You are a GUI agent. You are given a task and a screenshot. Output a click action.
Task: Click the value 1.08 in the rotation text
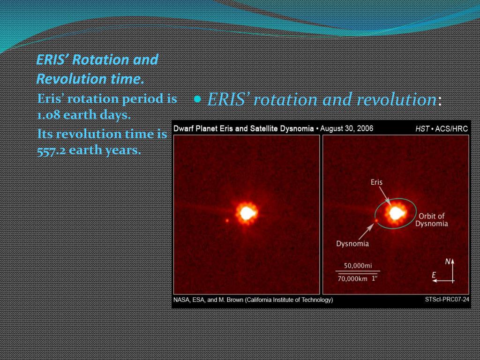48,115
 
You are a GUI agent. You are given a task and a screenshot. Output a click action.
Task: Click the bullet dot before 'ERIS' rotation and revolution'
198,99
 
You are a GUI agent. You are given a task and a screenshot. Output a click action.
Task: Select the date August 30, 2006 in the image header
346,128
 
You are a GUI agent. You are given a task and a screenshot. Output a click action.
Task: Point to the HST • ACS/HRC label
442,129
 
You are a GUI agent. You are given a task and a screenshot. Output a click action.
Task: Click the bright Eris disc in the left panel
247,213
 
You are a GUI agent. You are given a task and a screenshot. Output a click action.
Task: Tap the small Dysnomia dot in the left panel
227,220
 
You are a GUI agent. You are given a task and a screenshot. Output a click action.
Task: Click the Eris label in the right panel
376,182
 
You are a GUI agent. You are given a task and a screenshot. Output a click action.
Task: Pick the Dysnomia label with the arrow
352,244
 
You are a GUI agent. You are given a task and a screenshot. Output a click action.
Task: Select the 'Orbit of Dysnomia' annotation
432,220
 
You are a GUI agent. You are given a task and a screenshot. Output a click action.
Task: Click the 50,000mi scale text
358,266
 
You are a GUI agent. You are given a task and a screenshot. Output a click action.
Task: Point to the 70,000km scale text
352,279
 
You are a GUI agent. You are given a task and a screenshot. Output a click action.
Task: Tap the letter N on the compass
448,262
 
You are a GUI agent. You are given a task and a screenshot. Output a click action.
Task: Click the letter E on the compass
434,275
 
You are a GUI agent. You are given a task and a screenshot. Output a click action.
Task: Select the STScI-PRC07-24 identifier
447,300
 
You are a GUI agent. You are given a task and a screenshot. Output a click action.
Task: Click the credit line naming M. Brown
253,300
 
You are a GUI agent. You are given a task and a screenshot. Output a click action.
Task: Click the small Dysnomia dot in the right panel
376,220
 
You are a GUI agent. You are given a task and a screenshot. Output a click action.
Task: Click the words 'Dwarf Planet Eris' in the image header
200,128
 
